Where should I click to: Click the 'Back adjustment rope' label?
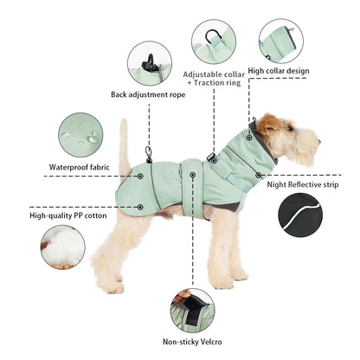point(148,94)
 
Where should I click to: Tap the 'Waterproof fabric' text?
point(80,167)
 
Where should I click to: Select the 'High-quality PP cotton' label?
point(68,215)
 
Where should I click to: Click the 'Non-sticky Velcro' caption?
point(192,342)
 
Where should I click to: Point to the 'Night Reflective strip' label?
point(303,184)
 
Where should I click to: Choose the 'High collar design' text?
point(279,71)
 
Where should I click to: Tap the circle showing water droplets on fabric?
point(80,135)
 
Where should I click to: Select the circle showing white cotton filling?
point(63,247)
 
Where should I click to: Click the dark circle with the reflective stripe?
point(300,215)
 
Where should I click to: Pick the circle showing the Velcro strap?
point(192,311)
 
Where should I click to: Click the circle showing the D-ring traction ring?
point(214,42)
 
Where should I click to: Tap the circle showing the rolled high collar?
point(281,41)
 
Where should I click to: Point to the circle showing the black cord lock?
point(150,63)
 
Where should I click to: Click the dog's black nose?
point(318,141)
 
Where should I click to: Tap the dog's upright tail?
point(125,145)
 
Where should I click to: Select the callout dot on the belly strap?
point(192,175)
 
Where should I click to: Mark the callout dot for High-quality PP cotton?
point(140,207)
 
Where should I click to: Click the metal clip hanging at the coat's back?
point(149,154)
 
